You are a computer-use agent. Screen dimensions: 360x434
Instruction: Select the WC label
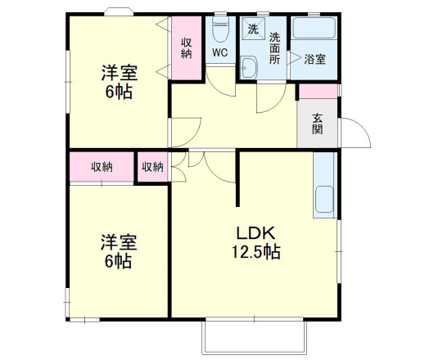[219, 53]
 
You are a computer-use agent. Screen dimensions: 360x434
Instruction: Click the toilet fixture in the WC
[219, 31]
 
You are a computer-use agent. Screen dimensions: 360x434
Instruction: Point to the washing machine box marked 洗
[253, 30]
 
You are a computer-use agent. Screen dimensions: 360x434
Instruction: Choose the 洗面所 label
[275, 48]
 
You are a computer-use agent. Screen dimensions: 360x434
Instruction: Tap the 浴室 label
[315, 59]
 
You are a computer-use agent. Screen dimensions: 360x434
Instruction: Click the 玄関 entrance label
[317, 123]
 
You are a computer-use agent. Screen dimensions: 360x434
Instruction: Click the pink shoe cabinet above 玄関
[318, 91]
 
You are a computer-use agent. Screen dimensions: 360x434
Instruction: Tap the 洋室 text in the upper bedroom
[119, 72]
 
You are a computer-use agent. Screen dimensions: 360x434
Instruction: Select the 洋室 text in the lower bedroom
[119, 243]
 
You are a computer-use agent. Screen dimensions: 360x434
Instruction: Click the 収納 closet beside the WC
[187, 48]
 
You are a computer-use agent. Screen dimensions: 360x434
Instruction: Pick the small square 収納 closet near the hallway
[152, 167]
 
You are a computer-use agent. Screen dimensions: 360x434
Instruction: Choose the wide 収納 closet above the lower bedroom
[102, 167]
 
